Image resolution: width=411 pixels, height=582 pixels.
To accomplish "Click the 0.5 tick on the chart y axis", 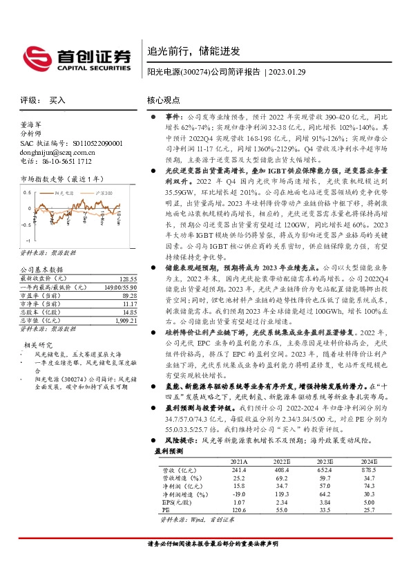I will tap(27, 191).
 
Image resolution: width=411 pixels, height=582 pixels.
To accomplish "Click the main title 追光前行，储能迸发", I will tap(193, 51).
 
